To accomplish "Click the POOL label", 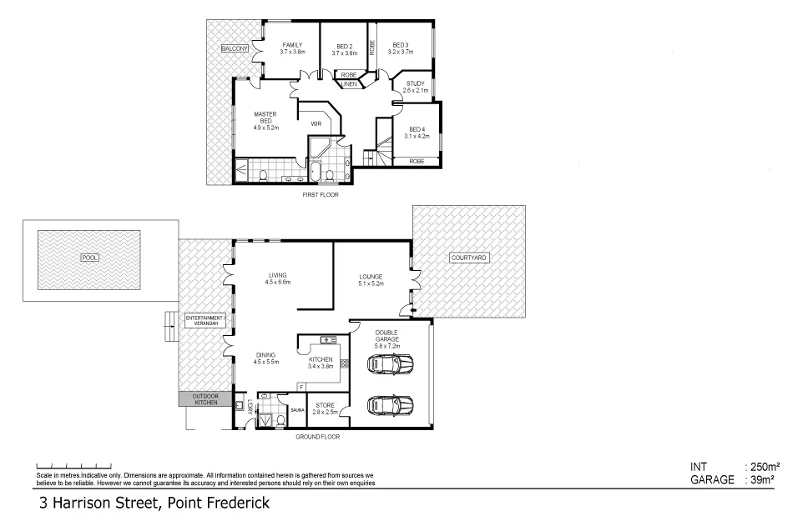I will tap(89, 258).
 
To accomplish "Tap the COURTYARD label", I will tap(467, 258).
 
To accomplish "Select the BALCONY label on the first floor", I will tap(235, 49).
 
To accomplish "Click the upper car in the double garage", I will tap(390, 364).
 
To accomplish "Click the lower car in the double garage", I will tap(390, 405).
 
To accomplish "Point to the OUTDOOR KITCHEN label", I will tap(205, 398).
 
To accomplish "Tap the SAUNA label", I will tap(297, 410).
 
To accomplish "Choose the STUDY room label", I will tap(415, 83).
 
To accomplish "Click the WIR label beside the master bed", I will tap(316, 123).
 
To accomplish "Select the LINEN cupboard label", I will tap(349, 84).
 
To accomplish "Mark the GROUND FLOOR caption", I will tap(318, 436).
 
